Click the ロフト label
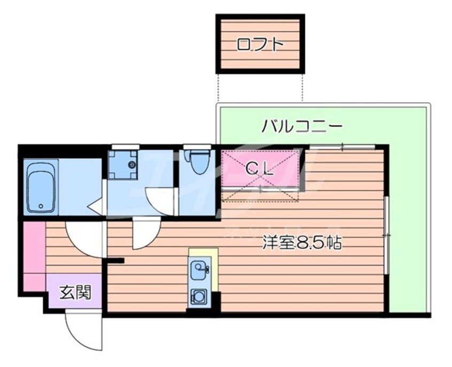[260, 44]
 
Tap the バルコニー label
[301, 127]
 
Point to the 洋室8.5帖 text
[301, 243]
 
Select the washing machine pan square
[123, 164]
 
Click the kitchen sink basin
[199, 267]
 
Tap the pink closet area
[260, 171]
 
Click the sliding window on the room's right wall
[386, 235]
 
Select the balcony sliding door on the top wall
[342, 146]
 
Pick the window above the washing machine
[126, 147]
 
